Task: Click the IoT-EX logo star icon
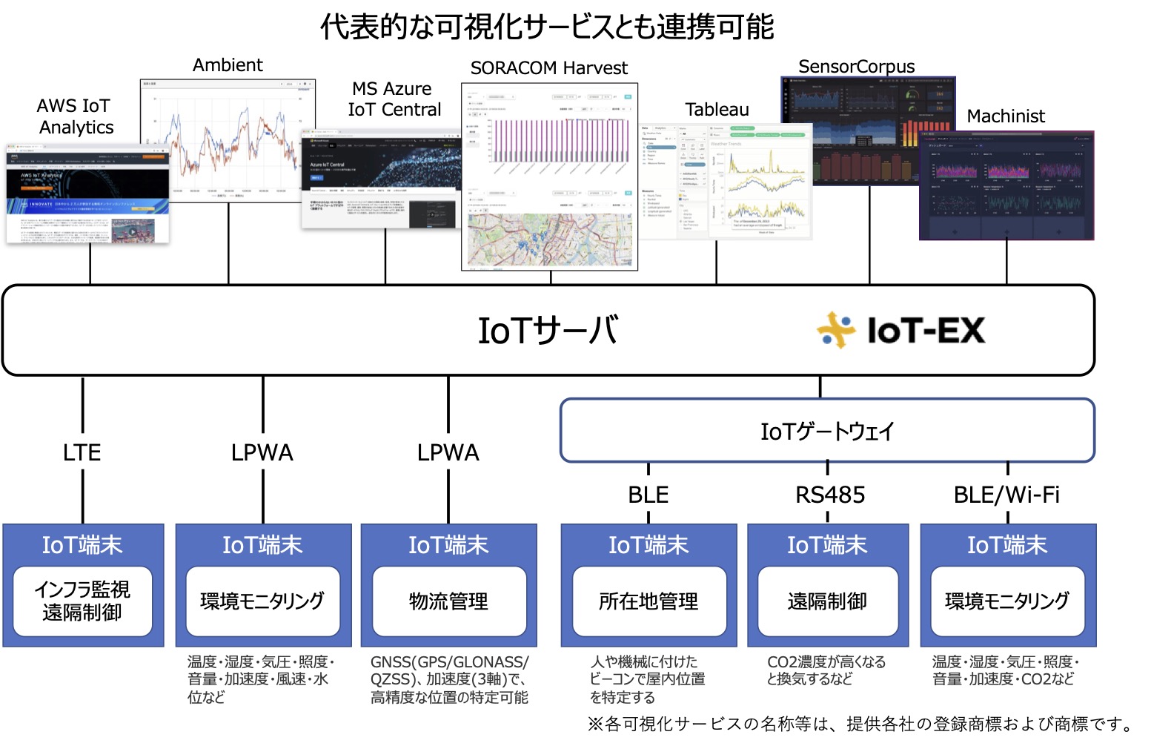click(836, 330)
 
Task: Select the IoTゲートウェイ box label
click(826, 432)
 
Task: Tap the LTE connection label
click(82, 452)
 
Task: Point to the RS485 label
click(829, 495)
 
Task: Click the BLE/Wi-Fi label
click(1006, 495)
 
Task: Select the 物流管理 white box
click(448, 601)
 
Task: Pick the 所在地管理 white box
click(649, 601)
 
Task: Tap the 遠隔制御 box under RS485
click(827, 601)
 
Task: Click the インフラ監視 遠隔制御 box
click(82, 601)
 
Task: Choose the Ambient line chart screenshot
click(228, 141)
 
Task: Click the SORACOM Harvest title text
click(548, 68)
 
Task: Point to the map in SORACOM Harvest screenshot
click(549, 240)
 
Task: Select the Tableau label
click(717, 110)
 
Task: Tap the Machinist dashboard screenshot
click(1006, 185)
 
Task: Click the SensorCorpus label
click(856, 67)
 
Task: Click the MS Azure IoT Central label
click(394, 99)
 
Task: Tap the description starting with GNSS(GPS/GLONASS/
click(449, 679)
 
